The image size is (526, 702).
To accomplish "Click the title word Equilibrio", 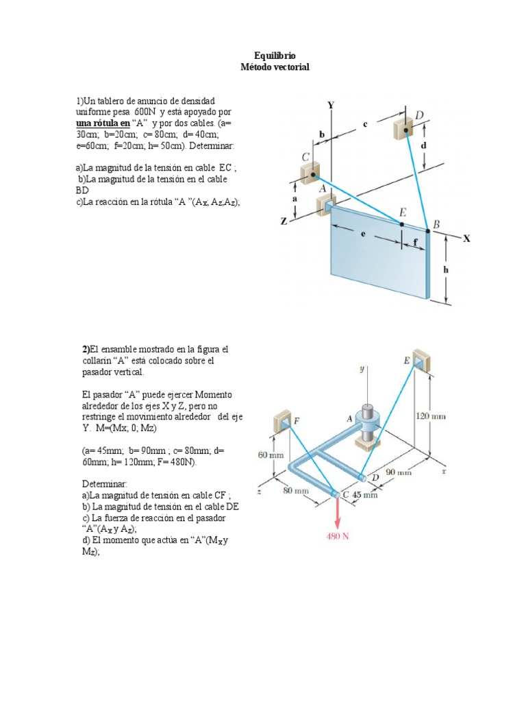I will point(275,56).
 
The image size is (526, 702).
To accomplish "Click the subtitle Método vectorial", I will point(275,66).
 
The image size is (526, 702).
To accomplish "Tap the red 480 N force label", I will point(336,536).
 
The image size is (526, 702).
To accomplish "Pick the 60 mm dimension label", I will point(271,455).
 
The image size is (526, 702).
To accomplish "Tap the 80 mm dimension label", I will point(297,490).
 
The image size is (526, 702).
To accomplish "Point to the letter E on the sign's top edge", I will point(403,213).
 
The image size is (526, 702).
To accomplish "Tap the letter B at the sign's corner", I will point(436,225).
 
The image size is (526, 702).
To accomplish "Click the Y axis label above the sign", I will point(331,105).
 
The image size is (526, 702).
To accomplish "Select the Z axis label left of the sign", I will point(284,221).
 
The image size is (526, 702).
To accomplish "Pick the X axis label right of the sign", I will point(466,239).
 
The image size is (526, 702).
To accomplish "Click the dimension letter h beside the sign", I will point(447,270).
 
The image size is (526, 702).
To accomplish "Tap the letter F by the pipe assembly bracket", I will point(297,420).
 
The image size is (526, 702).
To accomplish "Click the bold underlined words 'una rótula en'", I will point(102,123).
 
